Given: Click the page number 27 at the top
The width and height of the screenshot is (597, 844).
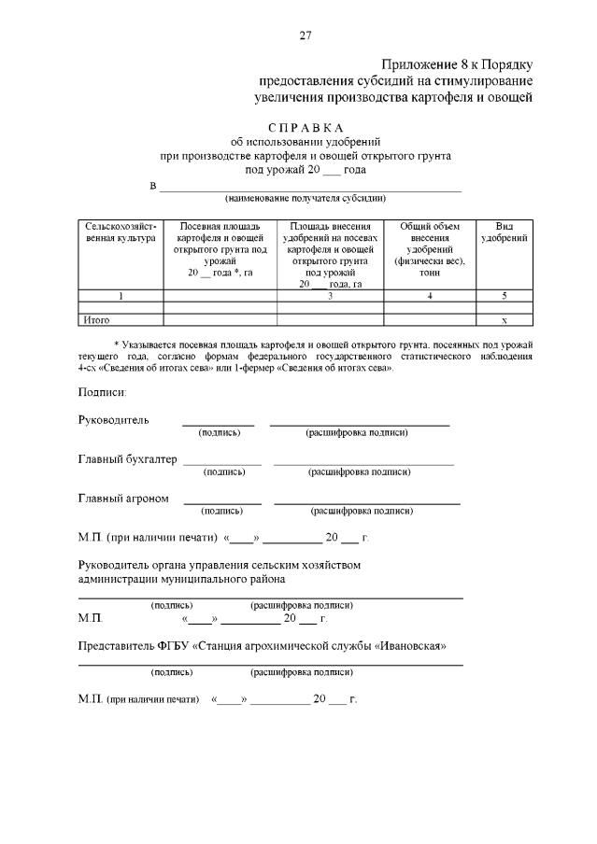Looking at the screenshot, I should tap(305, 36).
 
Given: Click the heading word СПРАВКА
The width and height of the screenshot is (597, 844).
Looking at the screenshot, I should tap(306, 127).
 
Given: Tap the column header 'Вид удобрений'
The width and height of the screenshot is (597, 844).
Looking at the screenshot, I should tap(504, 232).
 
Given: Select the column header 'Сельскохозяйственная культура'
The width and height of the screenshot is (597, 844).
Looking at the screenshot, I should tap(120, 232).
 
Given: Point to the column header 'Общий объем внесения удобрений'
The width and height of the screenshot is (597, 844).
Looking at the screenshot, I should tap(430, 245).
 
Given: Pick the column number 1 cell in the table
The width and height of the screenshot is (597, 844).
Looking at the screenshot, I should tap(120, 296).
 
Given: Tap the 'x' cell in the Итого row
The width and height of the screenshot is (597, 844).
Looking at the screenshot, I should tap(504, 319).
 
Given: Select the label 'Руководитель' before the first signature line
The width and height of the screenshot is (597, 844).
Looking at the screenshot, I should tap(113, 419).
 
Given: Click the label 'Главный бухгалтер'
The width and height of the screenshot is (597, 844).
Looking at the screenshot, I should tap(127, 459).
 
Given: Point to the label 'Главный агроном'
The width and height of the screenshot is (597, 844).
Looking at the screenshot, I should tap(123, 499).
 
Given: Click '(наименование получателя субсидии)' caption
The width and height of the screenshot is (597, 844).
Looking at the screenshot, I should tap(305, 198).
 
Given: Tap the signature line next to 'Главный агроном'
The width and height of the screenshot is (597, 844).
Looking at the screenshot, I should tap(221, 503).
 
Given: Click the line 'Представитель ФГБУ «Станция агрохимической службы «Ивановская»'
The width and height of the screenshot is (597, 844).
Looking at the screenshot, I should tap(263, 646).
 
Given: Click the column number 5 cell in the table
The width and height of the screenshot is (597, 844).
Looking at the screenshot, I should tap(504, 296).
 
